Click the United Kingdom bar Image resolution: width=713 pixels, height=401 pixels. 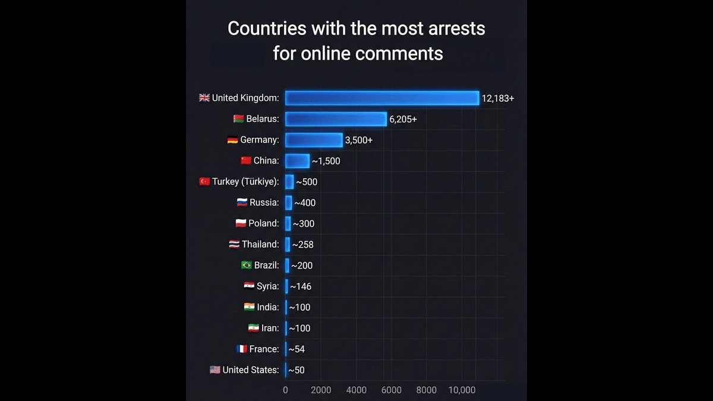[x=382, y=98]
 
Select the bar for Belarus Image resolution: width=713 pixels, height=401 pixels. [x=336, y=119]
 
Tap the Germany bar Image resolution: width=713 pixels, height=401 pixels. [x=314, y=140]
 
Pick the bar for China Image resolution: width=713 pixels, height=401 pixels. [x=297, y=161]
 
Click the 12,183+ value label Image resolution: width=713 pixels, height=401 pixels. [x=498, y=99]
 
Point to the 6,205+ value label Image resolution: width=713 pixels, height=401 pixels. [x=403, y=119]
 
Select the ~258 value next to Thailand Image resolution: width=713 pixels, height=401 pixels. [x=302, y=245]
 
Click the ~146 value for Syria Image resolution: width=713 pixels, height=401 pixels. [x=301, y=286]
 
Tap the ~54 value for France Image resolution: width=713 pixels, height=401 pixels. [x=296, y=349]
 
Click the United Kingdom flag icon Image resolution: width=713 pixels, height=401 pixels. [x=204, y=98]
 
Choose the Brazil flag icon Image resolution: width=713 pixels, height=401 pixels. [x=247, y=266]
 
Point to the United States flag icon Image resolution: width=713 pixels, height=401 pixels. [x=215, y=370]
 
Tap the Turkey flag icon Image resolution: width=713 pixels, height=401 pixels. [x=204, y=182]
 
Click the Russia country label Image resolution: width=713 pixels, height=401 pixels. [x=264, y=203]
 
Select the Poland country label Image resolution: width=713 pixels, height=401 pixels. [x=264, y=223]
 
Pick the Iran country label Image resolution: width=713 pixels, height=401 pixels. [x=270, y=328]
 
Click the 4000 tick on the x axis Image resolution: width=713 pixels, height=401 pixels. [x=356, y=390]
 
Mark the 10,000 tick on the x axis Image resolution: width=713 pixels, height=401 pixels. [x=462, y=390]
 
